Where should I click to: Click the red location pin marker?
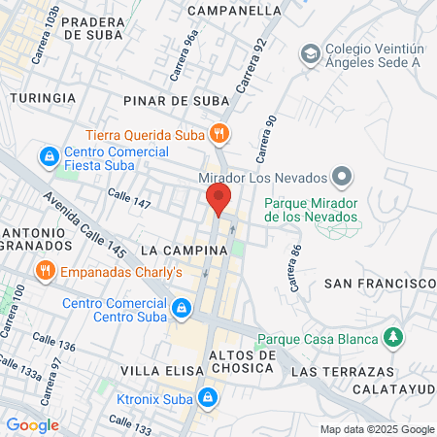(218, 199)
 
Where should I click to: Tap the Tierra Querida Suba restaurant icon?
(220, 134)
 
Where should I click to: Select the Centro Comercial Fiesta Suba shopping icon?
(48, 155)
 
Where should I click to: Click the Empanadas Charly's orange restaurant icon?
(45, 271)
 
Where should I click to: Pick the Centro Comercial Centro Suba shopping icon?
(181, 310)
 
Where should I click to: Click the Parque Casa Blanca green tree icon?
(392, 338)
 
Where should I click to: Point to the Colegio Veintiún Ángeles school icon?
(310, 52)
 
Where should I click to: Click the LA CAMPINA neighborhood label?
(183, 250)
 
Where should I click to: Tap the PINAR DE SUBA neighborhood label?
(176, 99)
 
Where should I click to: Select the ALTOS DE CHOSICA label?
(243, 362)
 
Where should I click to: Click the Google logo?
(32, 424)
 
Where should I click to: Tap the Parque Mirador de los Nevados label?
(311, 210)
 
